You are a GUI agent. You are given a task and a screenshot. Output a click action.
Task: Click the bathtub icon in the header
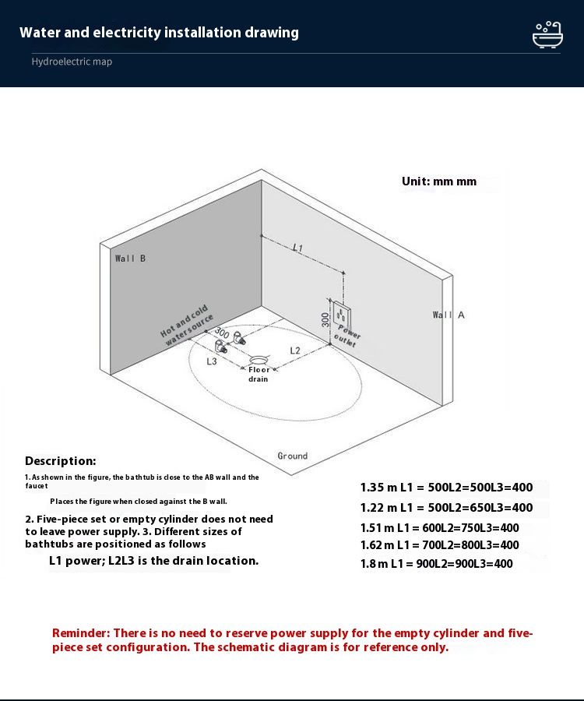click(x=547, y=34)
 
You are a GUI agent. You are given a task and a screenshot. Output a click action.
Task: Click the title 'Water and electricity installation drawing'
click(x=159, y=33)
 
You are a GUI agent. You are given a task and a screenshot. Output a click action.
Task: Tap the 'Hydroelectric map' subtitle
click(x=72, y=62)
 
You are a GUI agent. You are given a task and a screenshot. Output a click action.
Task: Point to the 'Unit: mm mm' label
click(x=438, y=181)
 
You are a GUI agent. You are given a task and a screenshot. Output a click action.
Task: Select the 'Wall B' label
click(x=130, y=258)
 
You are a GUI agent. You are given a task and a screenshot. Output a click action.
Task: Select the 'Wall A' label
click(x=449, y=315)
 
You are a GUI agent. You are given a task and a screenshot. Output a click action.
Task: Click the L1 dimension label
click(x=297, y=248)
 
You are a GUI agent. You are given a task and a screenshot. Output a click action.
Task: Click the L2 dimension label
click(x=295, y=350)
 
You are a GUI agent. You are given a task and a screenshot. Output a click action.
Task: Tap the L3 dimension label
click(x=212, y=361)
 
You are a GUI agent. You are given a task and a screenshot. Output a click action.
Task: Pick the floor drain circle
click(x=258, y=359)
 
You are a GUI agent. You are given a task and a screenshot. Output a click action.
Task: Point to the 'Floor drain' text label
click(x=259, y=375)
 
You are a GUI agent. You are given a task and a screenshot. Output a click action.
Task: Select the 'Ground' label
click(x=293, y=456)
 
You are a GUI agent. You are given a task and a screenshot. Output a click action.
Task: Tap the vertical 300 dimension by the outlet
click(x=325, y=319)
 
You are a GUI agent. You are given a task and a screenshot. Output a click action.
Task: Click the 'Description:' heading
click(x=61, y=461)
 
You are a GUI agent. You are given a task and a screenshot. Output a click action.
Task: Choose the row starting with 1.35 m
click(x=446, y=488)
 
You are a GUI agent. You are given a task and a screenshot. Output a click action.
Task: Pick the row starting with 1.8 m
click(x=436, y=563)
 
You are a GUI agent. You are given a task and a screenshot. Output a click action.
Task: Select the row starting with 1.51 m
click(x=439, y=527)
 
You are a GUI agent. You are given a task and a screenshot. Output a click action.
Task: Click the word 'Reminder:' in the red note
click(x=80, y=633)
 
